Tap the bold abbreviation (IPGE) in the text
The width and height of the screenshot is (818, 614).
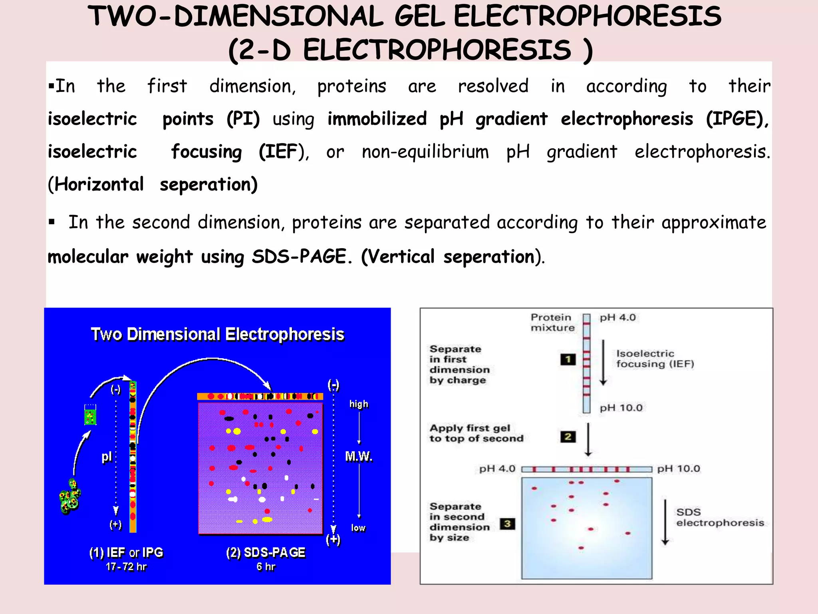coord(737,119)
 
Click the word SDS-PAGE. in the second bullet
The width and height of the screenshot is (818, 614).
coord(302,257)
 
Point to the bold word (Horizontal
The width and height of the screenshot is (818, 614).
coord(96,185)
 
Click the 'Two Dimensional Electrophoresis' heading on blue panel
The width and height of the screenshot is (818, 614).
coord(217,334)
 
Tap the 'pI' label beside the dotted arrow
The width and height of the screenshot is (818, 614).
coord(106,457)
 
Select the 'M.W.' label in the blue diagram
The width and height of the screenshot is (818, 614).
coord(359,456)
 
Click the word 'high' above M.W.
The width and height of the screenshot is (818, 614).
coord(359,404)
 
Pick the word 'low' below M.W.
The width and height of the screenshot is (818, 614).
coord(358,528)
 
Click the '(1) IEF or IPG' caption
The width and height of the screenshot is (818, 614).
coord(126,552)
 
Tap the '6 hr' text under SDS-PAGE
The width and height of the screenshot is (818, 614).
coord(266,567)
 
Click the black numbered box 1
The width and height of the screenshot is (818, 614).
coord(568,359)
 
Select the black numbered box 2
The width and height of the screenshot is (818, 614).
coord(568,437)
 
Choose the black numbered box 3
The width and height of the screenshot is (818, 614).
coord(507,524)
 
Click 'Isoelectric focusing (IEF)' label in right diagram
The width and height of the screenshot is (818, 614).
coord(655,359)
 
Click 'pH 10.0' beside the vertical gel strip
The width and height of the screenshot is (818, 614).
coord(621,408)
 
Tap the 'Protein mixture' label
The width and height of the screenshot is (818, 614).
coord(552,323)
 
